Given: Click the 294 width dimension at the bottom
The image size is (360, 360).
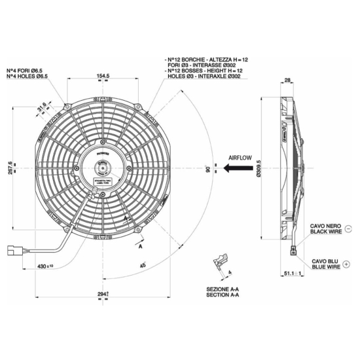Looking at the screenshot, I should [x=103, y=295].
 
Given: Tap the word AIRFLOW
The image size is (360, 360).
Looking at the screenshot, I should [x=242, y=158].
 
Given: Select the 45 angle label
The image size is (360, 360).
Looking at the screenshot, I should [x=144, y=265].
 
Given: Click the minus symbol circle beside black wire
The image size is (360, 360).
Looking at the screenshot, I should [x=347, y=229].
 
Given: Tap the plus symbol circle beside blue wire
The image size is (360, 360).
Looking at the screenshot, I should [x=347, y=263].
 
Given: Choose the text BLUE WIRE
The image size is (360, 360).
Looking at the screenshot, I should [x=325, y=267].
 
